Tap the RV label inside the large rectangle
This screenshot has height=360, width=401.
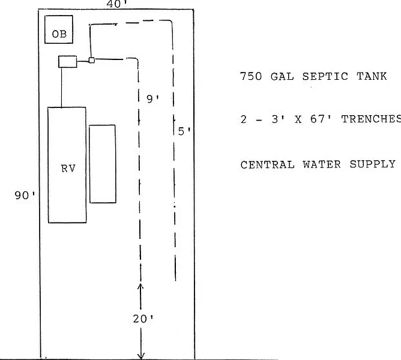(x=68, y=169)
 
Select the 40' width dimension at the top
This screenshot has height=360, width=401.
(x=116, y=4)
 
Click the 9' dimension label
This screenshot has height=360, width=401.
(x=153, y=99)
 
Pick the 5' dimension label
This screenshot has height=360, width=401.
(x=184, y=131)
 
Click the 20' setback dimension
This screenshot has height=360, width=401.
(x=143, y=319)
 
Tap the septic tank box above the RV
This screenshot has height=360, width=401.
(x=67, y=61)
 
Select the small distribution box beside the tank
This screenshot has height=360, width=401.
(x=91, y=59)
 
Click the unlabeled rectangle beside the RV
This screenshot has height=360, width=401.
(x=102, y=163)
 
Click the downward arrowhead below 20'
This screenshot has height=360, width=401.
(x=141, y=356)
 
